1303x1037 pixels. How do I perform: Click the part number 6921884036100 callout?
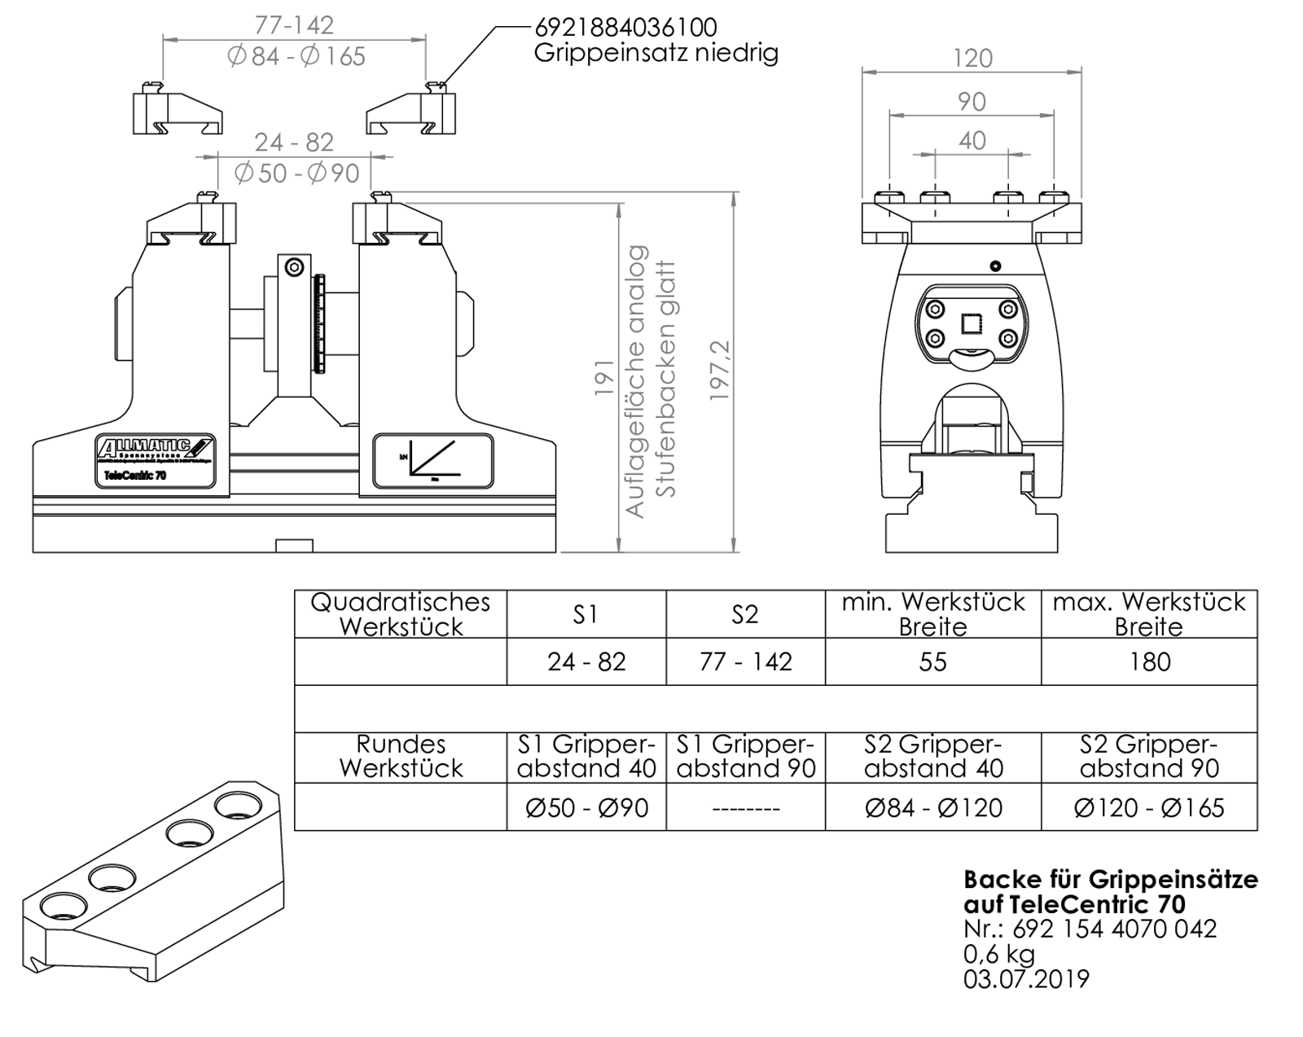(x=625, y=27)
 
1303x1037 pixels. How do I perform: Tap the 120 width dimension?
(x=972, y=59)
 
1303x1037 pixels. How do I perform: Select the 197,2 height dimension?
(x=720, y=370)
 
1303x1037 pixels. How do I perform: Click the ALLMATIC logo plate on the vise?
(x=156, y=459)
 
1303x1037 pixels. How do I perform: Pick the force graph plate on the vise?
(x=432, y=461)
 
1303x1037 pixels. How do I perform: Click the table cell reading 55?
(x=932, y=661)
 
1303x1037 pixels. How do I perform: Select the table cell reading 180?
(x=1149, y=661)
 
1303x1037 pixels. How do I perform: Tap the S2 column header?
(x=745, y=614)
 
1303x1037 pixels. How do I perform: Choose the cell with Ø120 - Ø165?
(x=1149, y=807)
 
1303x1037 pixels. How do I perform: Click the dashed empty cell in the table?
(x=745, y=808)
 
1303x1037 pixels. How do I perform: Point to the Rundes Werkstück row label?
(x=401, y=756)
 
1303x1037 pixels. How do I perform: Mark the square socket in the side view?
(x=972, y=324)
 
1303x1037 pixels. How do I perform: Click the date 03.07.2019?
(x=1026, y=978)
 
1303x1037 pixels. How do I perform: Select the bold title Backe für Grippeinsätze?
(x=1110, y=880)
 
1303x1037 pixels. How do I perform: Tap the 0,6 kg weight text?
(x=998, y=953)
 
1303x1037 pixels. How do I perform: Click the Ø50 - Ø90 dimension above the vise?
(x=296, y=174)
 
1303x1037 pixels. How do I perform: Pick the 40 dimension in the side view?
(x=972, y=141)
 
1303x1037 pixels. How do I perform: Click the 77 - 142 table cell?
(x=745, y=661)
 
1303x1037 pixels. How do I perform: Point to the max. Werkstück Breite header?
(x=1149, y=614)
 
